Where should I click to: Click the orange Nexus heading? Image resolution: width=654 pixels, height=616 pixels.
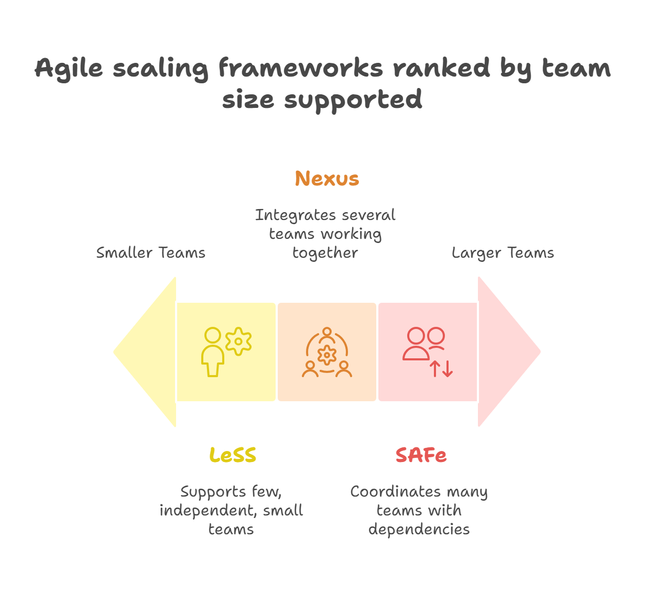[327, 179]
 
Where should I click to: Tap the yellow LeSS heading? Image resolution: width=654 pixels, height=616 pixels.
[233, 455]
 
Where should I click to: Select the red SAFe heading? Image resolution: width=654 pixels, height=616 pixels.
[421, 455]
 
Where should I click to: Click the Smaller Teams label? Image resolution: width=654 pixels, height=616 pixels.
[151, 253]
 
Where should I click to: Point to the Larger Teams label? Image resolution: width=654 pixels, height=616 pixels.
[503, 253]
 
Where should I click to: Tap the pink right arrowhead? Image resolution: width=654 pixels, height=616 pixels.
[506, 351]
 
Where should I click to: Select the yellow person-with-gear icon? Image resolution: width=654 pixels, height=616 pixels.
[226, 351]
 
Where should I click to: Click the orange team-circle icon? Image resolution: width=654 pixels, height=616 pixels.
[327, 352]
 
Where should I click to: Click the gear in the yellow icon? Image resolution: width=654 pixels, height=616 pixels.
[238, 342]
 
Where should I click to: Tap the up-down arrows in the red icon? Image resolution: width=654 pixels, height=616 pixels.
[441, 369]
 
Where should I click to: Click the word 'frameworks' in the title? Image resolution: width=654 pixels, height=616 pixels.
[300, 69]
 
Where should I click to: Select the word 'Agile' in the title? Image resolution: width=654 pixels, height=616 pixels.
[69, 69]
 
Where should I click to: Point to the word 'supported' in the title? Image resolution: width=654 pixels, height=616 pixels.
[353, 100]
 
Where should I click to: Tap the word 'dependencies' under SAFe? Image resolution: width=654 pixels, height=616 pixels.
[419, 529]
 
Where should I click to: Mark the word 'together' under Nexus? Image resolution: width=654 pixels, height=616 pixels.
[325, 253]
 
